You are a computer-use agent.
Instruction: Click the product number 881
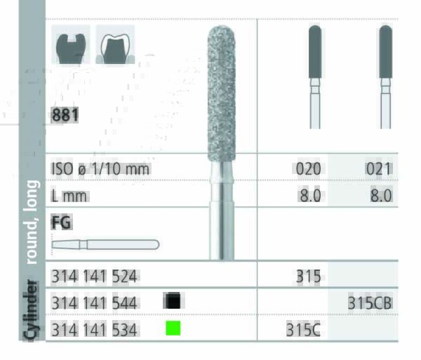(65, 115)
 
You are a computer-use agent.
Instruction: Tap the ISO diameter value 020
(308, 169)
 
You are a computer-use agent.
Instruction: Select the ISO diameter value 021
(379, 169)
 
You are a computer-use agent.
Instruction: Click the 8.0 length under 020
(310, 196)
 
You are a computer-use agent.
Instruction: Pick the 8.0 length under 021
(381, 196)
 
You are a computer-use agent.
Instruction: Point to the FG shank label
(62, 222)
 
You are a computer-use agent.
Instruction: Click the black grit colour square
(173, 301)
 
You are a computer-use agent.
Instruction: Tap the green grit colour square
(173, 328)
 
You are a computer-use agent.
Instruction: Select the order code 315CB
(370, 303)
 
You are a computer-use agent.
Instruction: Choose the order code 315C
(303, 330)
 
